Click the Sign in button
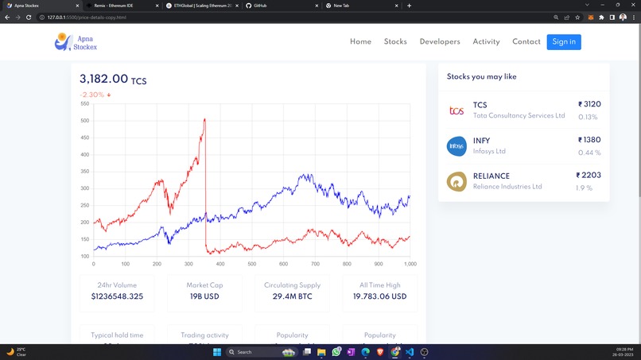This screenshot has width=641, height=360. [x=563, y=41]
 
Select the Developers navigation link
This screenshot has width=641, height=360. [x=440, y=41]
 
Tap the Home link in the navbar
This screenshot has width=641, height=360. [x=360, y=41]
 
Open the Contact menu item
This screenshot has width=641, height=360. [x=526, y=41]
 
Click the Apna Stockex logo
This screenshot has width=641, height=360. [x=76, y=42]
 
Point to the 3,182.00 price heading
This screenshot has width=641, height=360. [x=104, y=79]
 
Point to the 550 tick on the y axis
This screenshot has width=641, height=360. [x=85, y=103]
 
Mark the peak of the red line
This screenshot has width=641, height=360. [x=205, y=119]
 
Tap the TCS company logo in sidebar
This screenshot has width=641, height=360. [x=456, y=110]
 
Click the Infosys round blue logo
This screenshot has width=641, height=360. [x=456, y=145]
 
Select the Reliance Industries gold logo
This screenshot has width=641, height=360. [x=456, y=181]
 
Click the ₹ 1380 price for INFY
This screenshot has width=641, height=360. [x=589, y=140]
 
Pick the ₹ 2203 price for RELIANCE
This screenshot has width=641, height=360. [x=589, y=175]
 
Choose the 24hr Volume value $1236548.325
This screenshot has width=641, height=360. [x=117, y=296]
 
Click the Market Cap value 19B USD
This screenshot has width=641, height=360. [x=205, y=296]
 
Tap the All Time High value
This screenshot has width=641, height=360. [x=379, y=296]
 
